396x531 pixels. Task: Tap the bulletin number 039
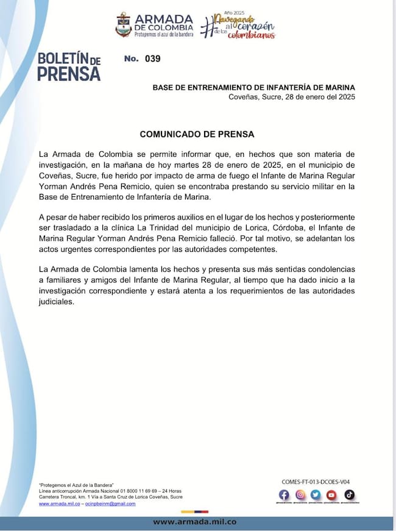[152, 59]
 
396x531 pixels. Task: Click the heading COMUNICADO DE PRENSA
[197, 134]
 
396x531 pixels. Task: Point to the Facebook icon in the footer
[284, 495]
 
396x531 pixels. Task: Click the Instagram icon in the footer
[300, 495]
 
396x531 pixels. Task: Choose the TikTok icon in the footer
[349, 495]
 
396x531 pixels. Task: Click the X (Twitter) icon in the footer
[316, 495]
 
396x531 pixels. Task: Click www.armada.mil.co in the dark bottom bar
[194, 522]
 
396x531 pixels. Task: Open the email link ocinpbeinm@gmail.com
[110, 504]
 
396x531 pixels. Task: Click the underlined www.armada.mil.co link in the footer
[60, 504]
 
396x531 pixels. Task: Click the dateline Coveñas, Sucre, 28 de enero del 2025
[291, 98]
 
